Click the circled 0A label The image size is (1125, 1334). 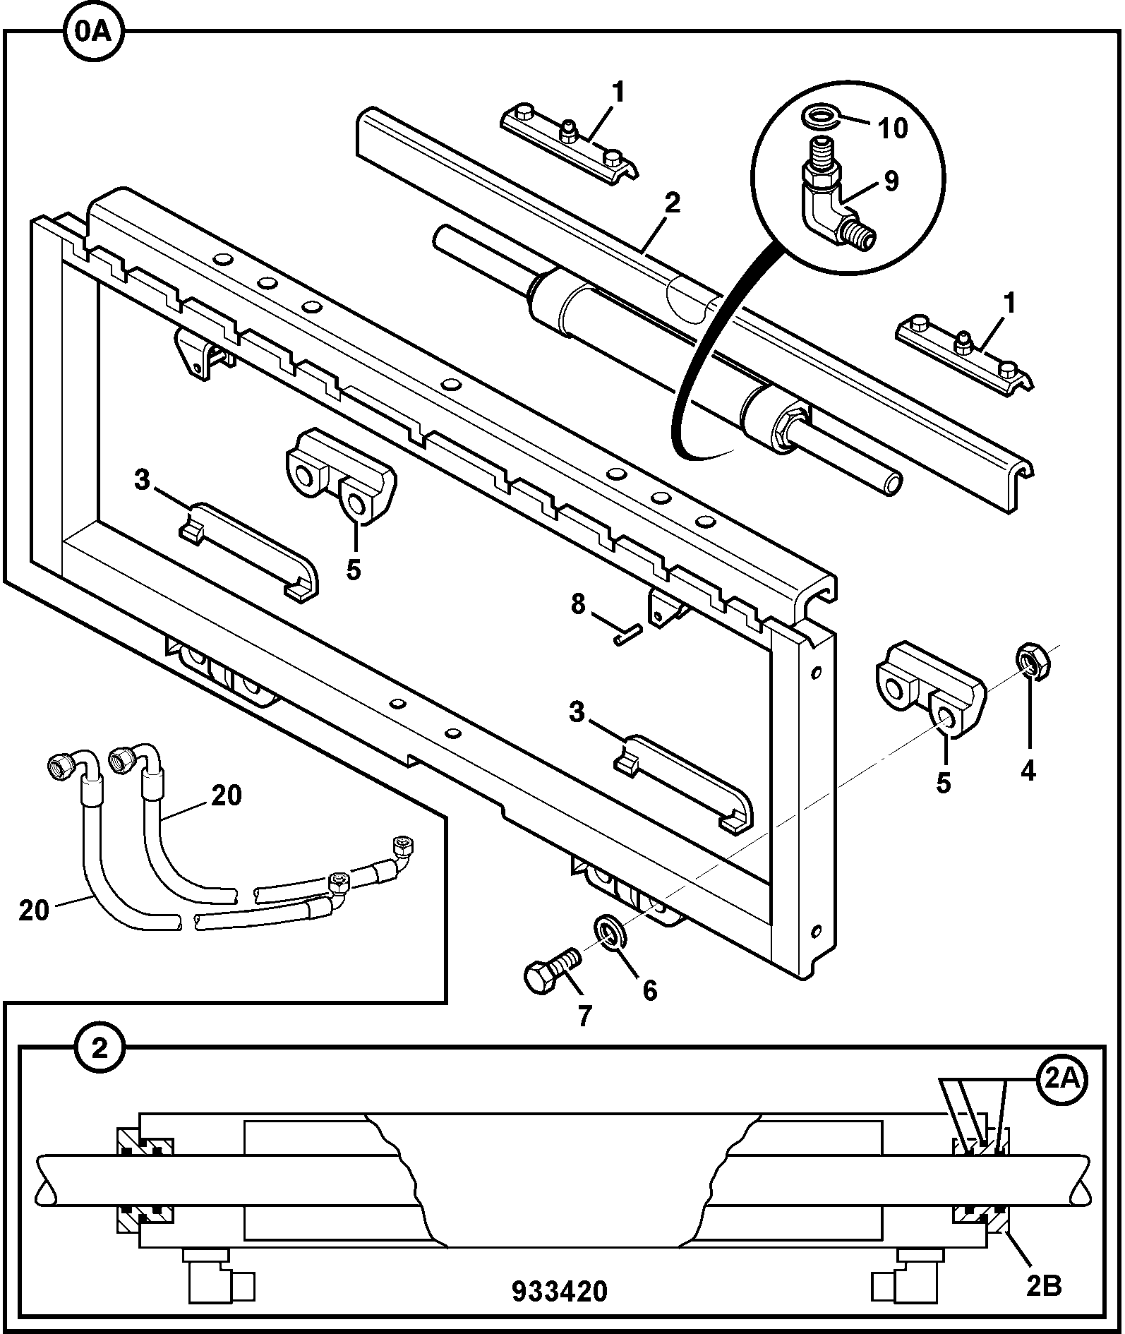93,32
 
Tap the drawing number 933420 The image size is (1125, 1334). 559,1290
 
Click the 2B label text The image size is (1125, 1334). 1044,1287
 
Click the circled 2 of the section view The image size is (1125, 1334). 99,1050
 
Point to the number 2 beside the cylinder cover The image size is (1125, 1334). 673,203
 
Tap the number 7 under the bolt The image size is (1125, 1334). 584,1016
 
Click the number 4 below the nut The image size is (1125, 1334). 1028,771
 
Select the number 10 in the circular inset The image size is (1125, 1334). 892,128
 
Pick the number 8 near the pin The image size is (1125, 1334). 578,604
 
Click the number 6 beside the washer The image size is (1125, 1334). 649,990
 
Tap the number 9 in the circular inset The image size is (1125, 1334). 891,181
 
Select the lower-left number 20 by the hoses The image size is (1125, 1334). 34,910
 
